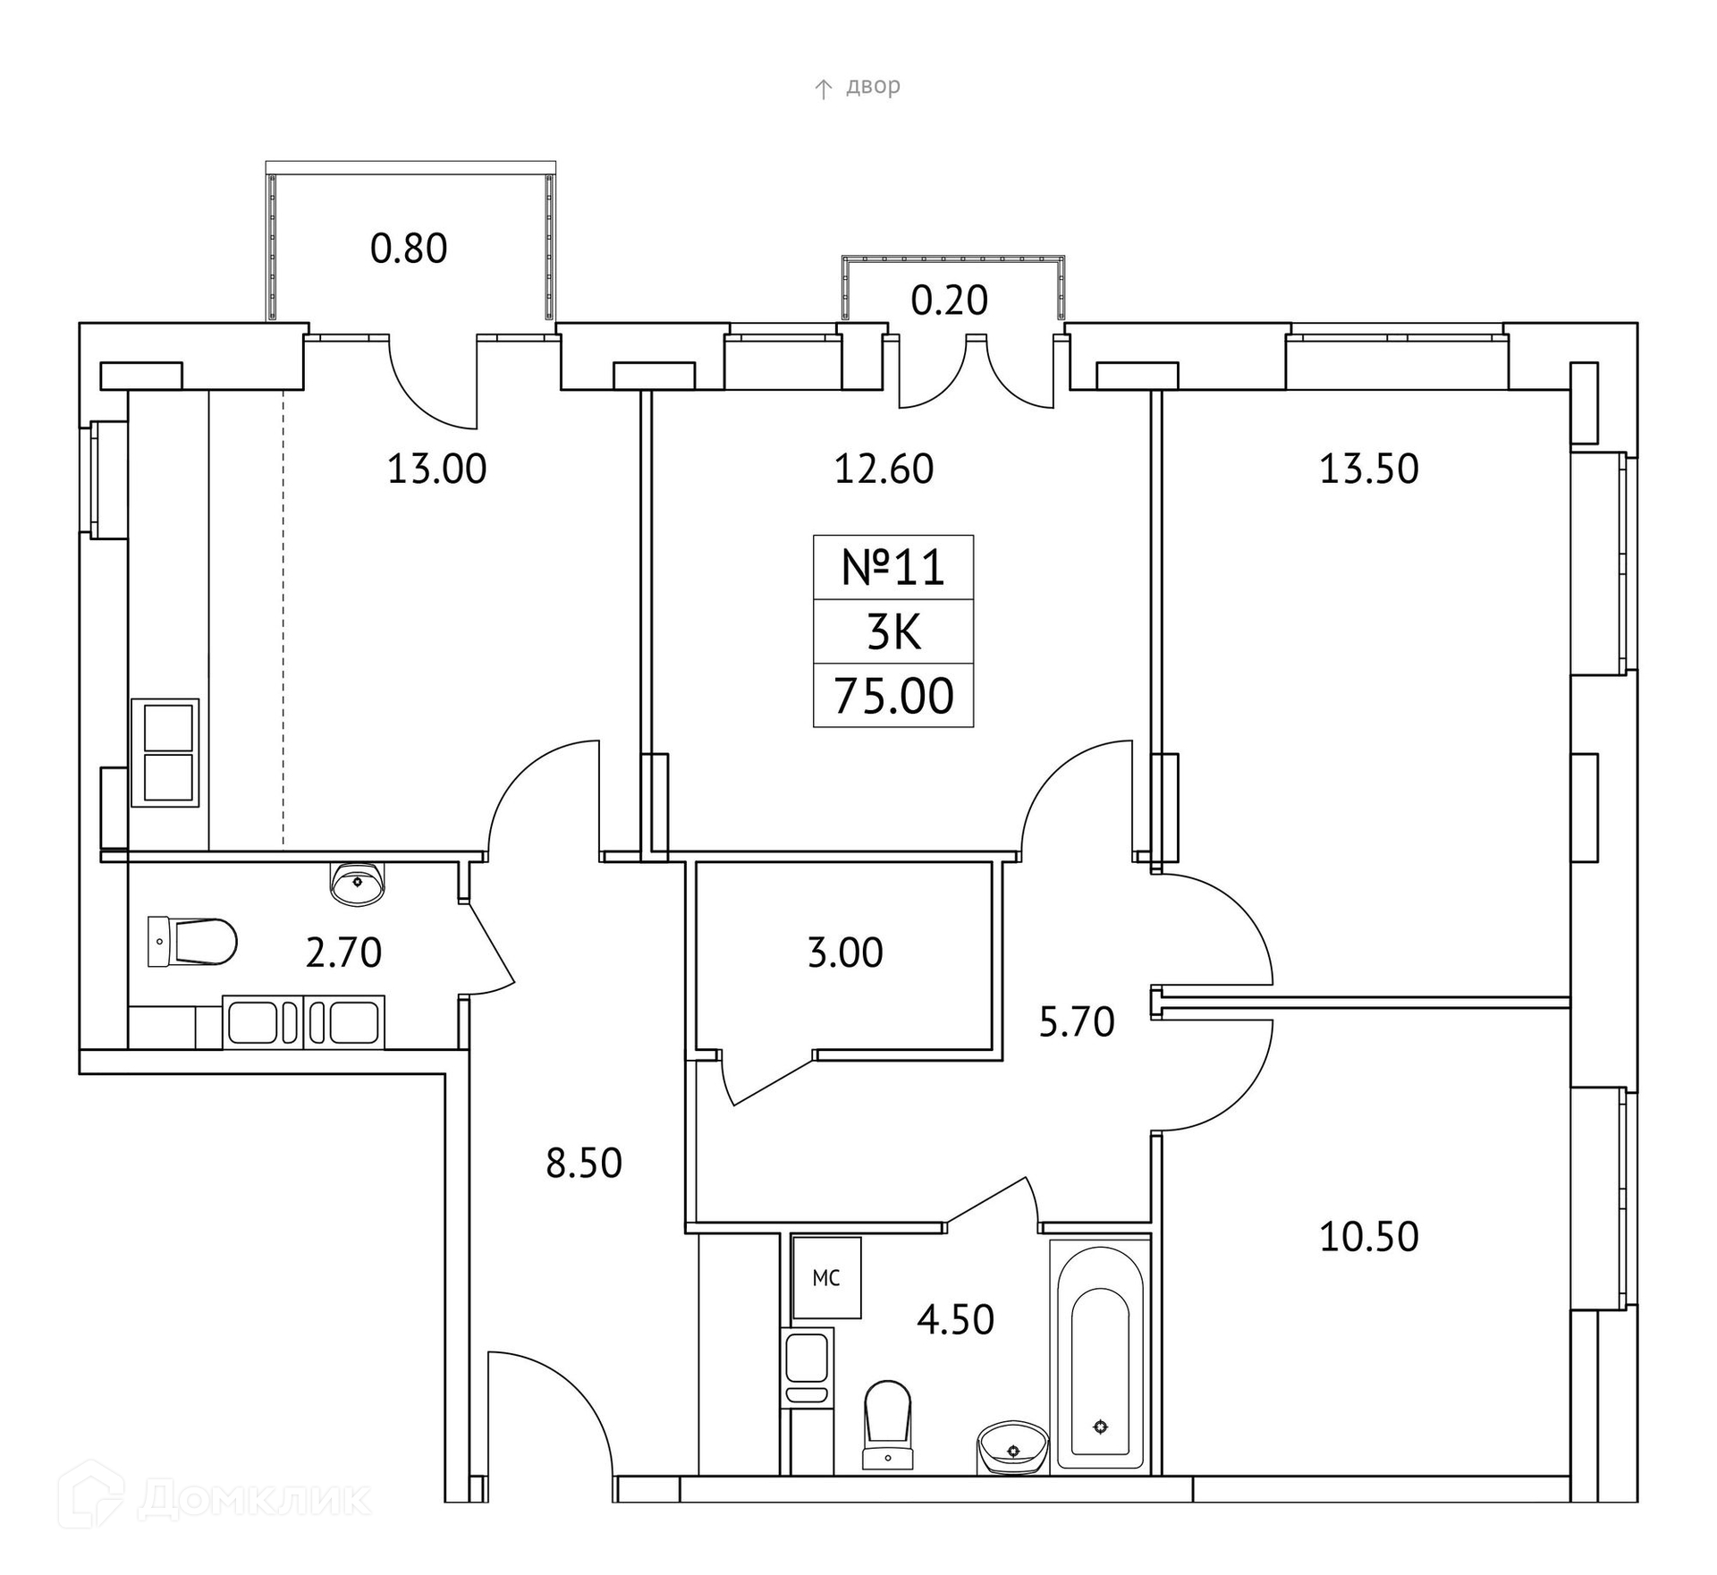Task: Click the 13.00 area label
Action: [x=436, y=470]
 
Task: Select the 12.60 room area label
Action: [x=884, y=470]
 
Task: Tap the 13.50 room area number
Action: [x=1368, y=470]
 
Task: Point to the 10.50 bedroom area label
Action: [x=1368, y=1237]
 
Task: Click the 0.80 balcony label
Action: [x=409, y=250]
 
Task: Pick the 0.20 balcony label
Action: [x=949, y=301]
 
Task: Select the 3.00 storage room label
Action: [x=845, y=953]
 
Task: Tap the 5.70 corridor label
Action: [x=1076, y=1022]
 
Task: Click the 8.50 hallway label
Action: [x=584, y=1164]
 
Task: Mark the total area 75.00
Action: [x=893, y=697]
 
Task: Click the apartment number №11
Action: [x=893, y=568]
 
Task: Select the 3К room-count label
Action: [x=893, y=633]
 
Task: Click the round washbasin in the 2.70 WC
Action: [x=358, y=884]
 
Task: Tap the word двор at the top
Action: [x=873, y=87]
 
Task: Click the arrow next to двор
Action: [x=823, y=89]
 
